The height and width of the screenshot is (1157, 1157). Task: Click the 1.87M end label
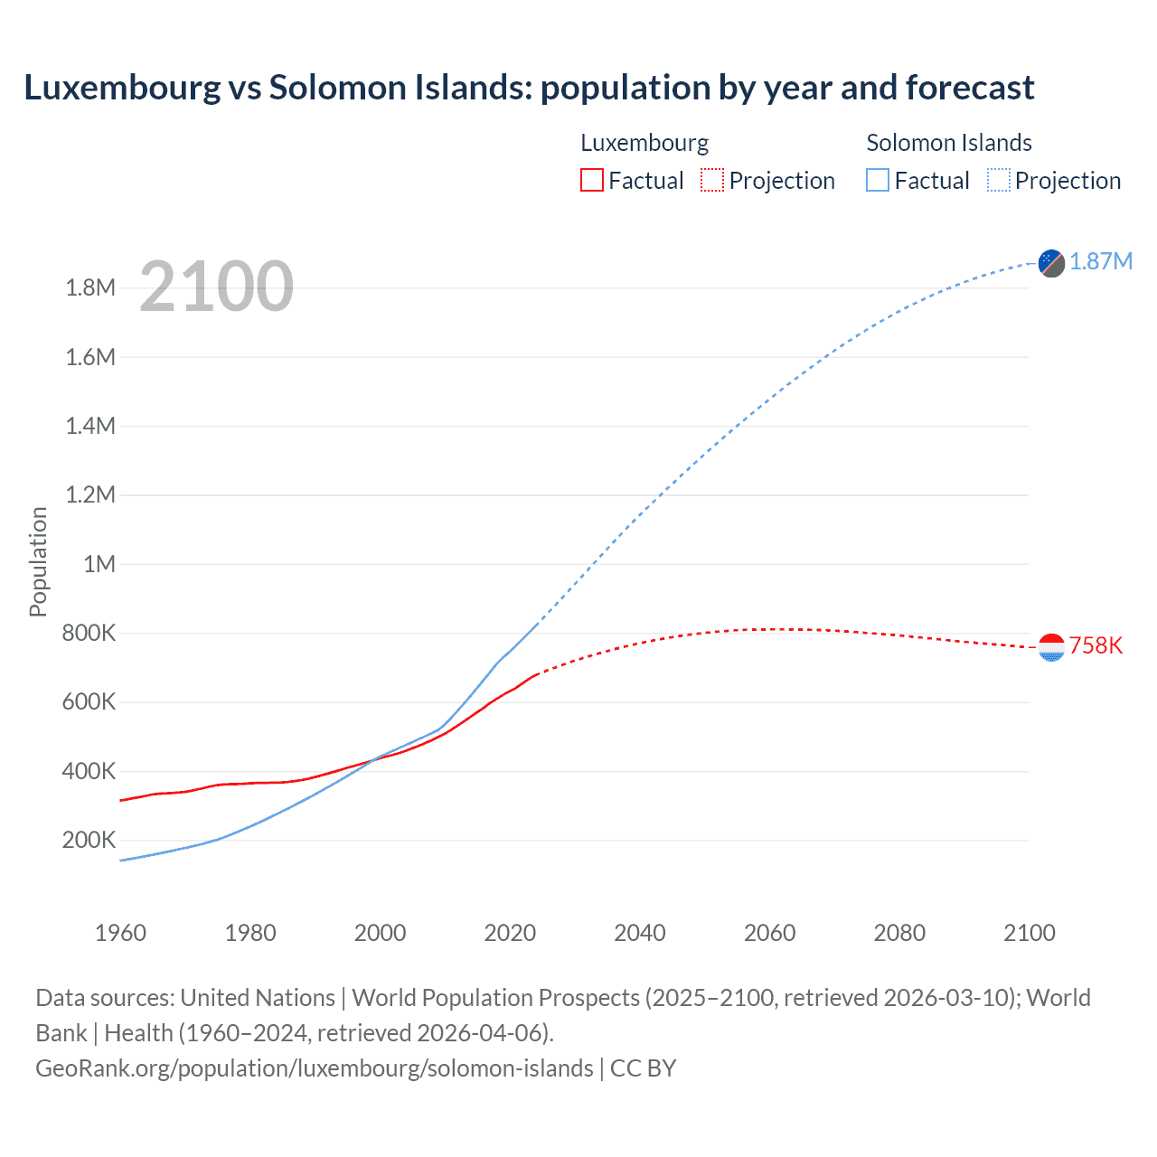1100,261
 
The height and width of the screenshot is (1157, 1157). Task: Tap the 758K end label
1096,645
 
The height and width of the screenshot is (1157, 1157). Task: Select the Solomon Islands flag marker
1051,263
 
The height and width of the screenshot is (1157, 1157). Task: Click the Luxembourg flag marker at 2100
1051,647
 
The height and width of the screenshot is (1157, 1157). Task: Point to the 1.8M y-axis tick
90,287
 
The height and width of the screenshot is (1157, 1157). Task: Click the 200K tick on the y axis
89,840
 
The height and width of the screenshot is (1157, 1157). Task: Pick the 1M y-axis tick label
99,564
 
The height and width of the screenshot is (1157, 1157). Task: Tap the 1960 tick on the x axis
120,933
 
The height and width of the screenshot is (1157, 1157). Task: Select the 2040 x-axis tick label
640,933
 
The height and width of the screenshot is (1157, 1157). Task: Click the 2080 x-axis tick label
899,933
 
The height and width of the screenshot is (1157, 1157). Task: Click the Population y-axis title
38,561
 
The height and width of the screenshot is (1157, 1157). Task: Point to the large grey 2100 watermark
216,287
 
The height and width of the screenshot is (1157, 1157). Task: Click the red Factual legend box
591,180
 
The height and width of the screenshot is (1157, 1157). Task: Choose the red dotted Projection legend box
712,180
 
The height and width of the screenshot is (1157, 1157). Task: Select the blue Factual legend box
877,180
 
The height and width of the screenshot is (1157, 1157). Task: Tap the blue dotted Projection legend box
999,180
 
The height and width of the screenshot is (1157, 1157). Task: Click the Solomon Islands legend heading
949,143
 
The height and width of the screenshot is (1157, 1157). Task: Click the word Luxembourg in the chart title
122,88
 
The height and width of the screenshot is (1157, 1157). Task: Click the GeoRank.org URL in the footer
315,1068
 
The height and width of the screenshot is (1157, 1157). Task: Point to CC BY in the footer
643,1068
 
